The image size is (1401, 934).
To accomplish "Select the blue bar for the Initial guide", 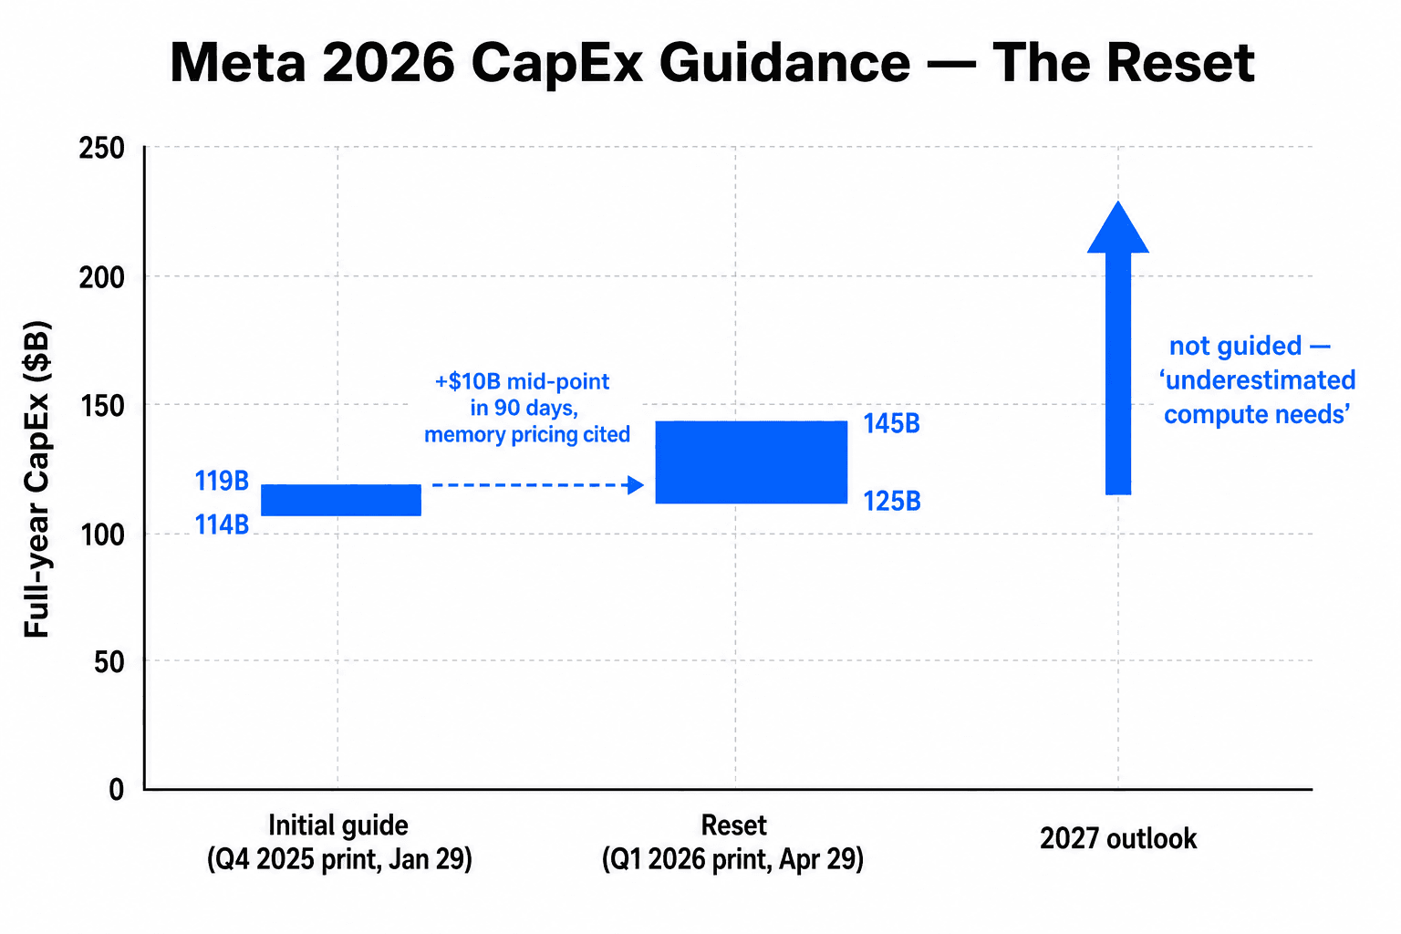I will [341, 500].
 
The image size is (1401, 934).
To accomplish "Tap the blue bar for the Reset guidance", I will [752, 462].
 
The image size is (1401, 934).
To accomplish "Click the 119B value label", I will [222, 481].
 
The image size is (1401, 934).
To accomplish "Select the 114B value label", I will [222, 524].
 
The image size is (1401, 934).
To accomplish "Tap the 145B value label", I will [891, 424].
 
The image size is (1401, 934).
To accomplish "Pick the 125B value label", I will [891, 502].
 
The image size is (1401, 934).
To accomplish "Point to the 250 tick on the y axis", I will [101, 148].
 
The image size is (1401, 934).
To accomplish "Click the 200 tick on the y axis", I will [101, 277].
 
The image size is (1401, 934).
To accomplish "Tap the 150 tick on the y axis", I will [101, 406].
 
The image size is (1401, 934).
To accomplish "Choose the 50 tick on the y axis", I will [109, 662].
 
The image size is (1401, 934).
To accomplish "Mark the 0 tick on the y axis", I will [116, 790].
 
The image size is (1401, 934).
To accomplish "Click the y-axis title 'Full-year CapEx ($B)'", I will [36, 479].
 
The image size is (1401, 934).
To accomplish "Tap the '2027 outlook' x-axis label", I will [1117, 838].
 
